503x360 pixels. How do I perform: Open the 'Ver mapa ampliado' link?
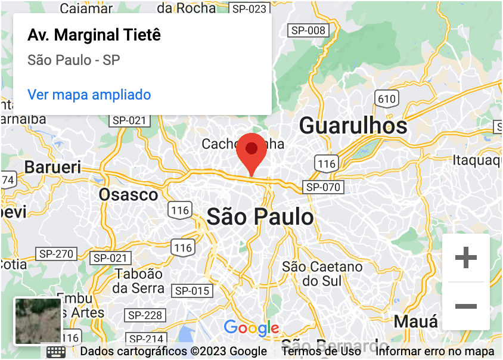click(89, 95)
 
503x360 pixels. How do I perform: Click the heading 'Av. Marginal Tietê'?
click(94, 35)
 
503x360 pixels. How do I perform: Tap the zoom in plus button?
click(465, 258)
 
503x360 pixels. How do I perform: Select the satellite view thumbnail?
click(38, 321)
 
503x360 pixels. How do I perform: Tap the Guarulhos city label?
click(353, 126)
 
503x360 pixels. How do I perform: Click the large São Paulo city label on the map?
click(260, 216)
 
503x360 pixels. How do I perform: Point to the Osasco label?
click(129, 195)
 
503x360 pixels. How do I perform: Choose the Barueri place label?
click(52, 167)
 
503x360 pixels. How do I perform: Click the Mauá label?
click(415, 322)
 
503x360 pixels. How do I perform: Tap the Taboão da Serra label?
click(139, 281)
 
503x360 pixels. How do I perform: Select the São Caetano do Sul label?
click(322, 274)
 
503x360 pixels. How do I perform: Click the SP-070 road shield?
click(323, 187)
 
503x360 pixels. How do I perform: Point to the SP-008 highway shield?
click(308, 30)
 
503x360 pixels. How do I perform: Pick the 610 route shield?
click(386, 99)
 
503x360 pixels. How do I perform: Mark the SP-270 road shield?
click(56, 254)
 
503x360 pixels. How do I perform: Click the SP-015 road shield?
click(191, 291)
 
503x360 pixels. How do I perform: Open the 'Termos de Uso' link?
click(321, 352)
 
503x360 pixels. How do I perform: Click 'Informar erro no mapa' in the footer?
click(434, 352)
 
